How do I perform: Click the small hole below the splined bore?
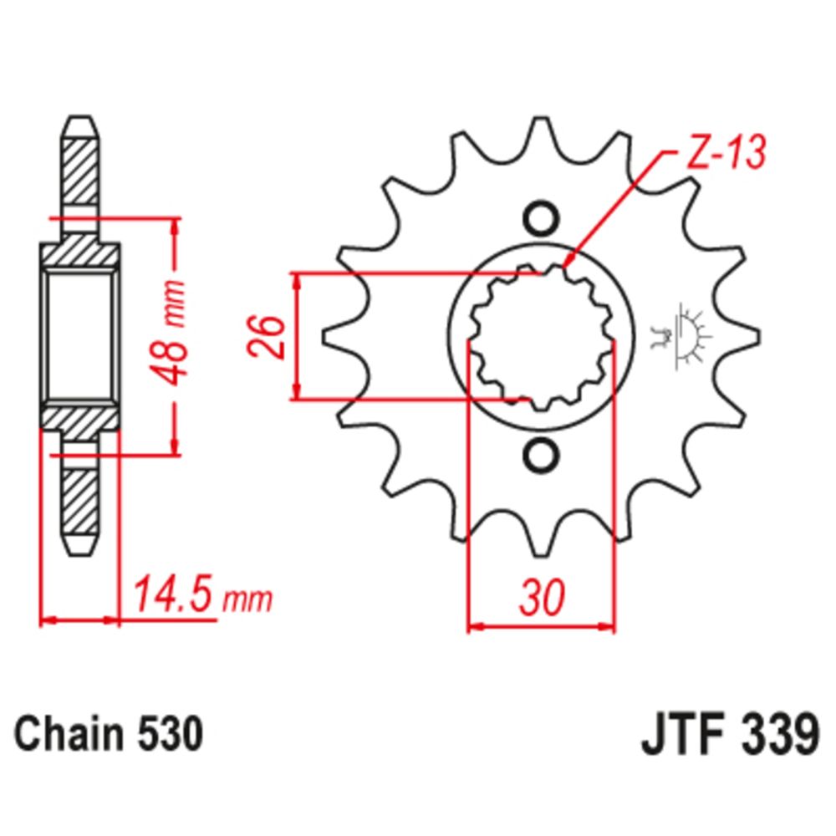click(540, 456)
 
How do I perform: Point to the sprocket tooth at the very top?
click(540, 134)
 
